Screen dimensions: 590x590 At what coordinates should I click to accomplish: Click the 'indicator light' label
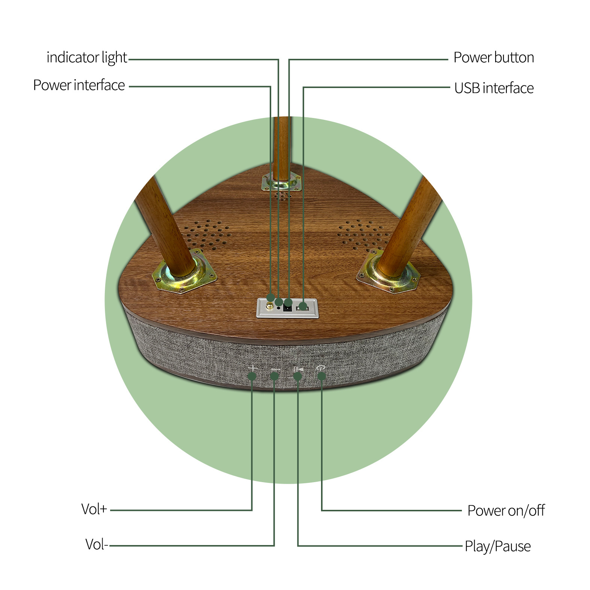[x=87, y=58]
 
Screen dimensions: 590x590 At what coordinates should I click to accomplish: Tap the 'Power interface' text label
[x=79, y=85]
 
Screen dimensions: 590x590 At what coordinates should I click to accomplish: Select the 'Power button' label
[x=494, y=57]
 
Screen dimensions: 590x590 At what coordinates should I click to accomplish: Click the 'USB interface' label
[x=494, y=88]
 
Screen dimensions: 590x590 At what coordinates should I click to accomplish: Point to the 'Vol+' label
[x=94, y=509]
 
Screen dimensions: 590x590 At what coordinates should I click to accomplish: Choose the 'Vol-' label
[x=97, y=544]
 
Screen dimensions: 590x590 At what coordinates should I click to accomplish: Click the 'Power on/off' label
[x=506, y=511]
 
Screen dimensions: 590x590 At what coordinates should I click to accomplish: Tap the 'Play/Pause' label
[x=498, y=546]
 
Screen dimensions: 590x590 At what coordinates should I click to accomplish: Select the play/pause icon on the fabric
[x=299, y=370]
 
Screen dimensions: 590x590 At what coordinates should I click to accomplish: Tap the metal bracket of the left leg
[x=184, y=271]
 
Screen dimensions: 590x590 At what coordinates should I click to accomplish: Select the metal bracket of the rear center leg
[x=281, y=182]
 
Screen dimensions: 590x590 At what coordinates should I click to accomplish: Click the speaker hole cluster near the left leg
[x=206, y=235]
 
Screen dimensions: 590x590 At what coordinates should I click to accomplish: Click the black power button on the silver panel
[x=288, y=308]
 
